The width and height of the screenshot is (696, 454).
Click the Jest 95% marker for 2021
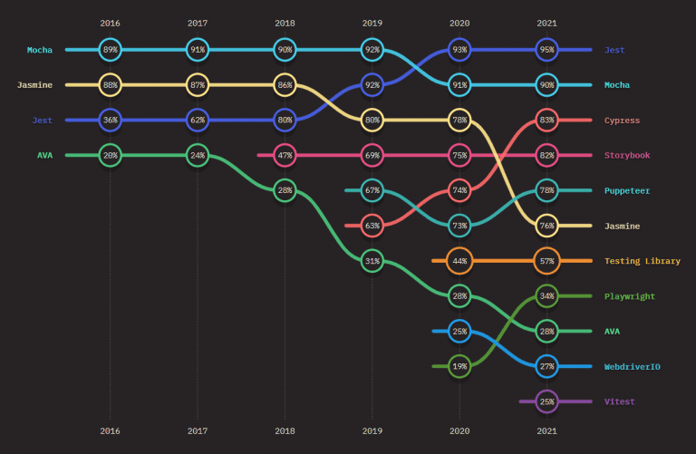pyautogui.click(x=546, y=50)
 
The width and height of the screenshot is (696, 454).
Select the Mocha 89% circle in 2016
pyautogui.click(x=111, y=50)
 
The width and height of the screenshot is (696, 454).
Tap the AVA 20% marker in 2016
pyautogui.click(x=111, y=155)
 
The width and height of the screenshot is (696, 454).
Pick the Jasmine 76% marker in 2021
pyautogui.click(x=546, y=226)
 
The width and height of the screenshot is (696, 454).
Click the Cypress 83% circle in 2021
pyautogui.click(x=546, y=120)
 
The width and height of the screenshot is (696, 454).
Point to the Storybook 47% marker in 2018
pyautogui.click(x=285, y=155)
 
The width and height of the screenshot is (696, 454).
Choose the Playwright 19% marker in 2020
pyautogui.click(x=459, y=366)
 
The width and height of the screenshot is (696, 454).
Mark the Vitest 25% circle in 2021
pyautogui.click(x=546, y=401)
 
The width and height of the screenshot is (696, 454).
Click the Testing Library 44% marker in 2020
pyautogui.click(x=459, y=261)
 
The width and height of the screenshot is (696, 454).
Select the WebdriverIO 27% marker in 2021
pyautogui.click(x=546, y=366)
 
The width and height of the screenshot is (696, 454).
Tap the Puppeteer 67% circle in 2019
pyautogui.click(x=372, y=190)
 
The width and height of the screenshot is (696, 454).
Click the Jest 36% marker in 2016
pyautogui.click(x=111, y=120)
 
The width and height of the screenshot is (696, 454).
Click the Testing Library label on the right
pyautogui.click(x=642, y=261)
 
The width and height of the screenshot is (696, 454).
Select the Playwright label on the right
pyautogui.click(x=629, y=296)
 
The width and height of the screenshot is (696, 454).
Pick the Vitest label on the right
pyautogui.click(x=620, y=401)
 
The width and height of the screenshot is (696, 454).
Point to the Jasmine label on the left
pyautogui.click(x=34, y=85)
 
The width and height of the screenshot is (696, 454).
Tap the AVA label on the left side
pyautogui.click(x=44, y=155)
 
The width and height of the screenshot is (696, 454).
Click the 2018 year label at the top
pyautogui.click(x=285, y=23)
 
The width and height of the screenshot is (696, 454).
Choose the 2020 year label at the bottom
pyautogui.click(x=459, y=431)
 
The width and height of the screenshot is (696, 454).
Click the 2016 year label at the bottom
pyautogui.click(x=111, y=431)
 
